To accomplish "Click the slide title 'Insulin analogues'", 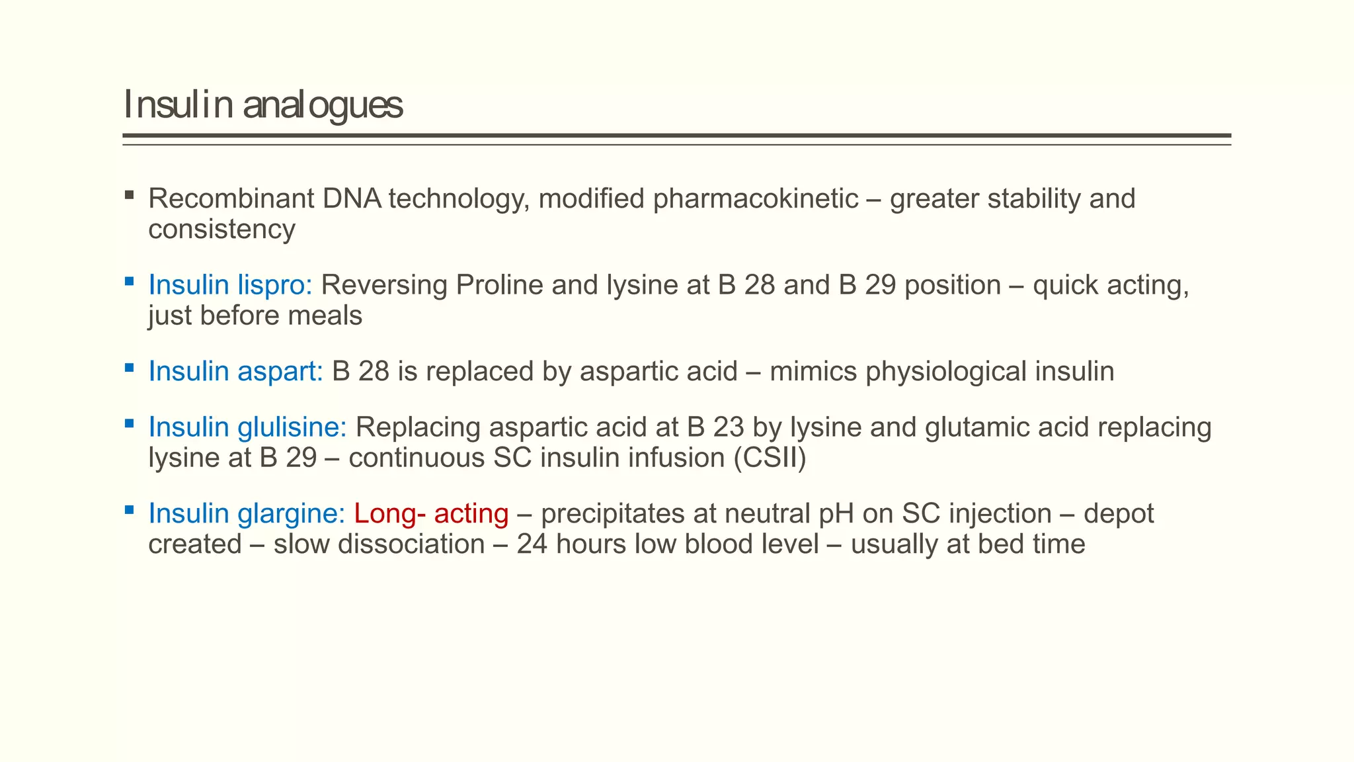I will point(262,105).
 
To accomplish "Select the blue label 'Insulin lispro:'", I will point(230,285).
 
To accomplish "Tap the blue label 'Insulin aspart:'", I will point(235,371).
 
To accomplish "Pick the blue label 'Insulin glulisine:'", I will point(247,427).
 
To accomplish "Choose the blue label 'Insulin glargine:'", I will point(247,513).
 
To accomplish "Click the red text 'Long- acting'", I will point(431,513).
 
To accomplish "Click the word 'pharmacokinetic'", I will point(756,198).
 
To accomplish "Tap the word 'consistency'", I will point(221,230).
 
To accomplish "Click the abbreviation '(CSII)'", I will point(770,458).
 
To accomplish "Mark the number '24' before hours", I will point(532,544).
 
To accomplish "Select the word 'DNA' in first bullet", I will point(352,198).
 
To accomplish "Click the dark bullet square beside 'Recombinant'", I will point(129,195).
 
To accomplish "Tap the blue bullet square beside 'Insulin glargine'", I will point(129,510).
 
